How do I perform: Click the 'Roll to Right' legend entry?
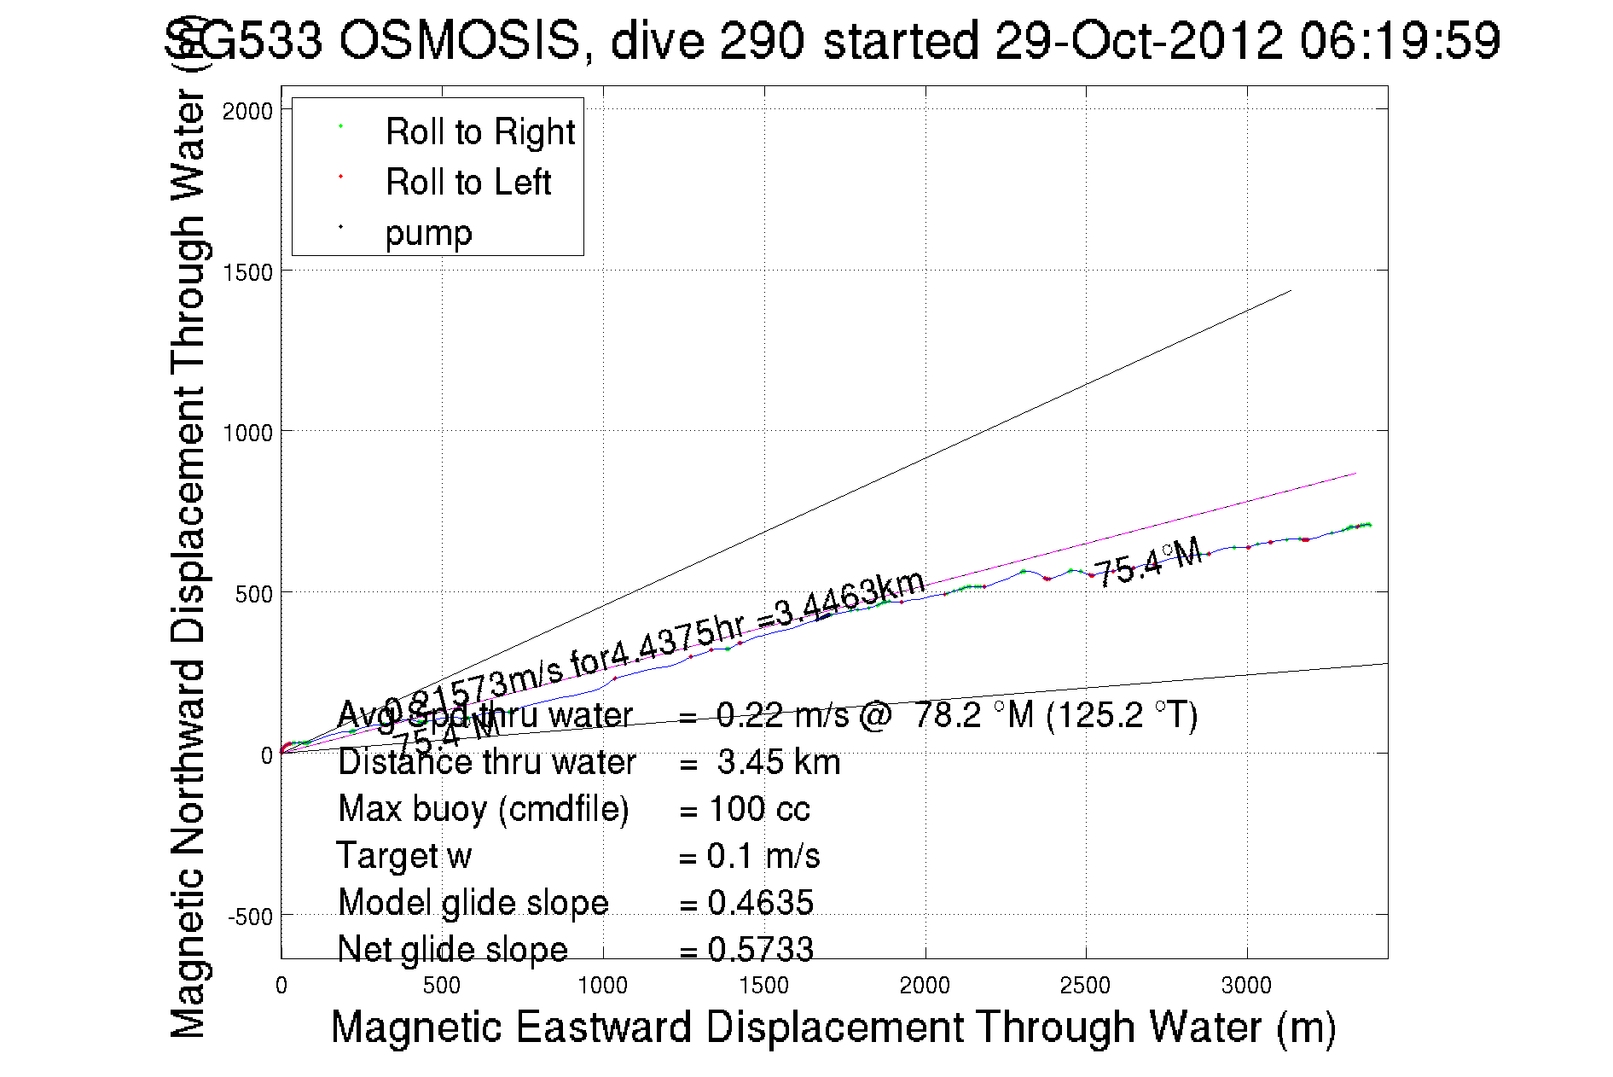[479, 132]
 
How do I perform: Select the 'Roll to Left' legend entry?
[467, 183]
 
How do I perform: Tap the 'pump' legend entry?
[428, 233]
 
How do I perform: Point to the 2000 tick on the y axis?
[247, 111]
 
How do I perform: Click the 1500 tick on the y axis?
[247, 272]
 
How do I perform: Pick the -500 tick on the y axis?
[249, 917]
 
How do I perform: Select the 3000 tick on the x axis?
[1246, 987]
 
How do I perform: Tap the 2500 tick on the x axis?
[1085, 987]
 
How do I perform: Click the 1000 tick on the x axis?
[602, 987]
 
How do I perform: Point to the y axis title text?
[189, 563]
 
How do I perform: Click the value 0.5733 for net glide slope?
[760, 950]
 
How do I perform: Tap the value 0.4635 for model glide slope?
[760, 903]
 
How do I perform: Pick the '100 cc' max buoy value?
[759, 809]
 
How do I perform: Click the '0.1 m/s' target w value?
[763, 856]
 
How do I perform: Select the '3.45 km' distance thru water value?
[778, 762]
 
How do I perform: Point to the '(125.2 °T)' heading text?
[1122, 715]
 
